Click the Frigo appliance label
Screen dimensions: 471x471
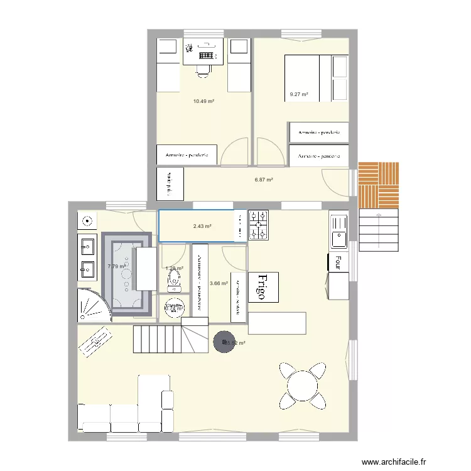point(264,288)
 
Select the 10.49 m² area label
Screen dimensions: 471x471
point(204,100)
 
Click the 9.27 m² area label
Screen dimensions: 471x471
point(299,95)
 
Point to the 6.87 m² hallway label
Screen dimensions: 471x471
point(264,180)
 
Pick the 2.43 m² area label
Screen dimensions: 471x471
point(202,226)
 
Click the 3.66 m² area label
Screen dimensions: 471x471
point(219,283)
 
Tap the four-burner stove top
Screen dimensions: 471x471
point(259,225)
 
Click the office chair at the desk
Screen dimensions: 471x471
point(203,68)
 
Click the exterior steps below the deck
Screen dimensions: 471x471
point(378,229)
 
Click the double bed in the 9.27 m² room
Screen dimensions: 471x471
point(308,78)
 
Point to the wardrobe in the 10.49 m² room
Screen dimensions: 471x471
point(187,155)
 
